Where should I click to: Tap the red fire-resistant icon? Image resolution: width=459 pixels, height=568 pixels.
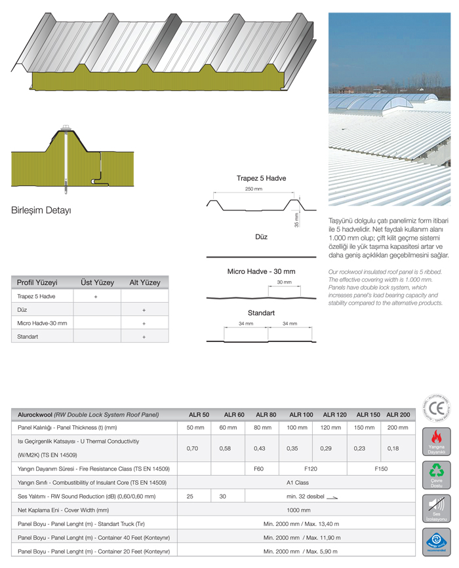pos(435,440)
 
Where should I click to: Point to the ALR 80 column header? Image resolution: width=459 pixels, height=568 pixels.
pos(266,415)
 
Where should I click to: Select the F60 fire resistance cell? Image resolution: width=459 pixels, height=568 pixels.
pos(258,468)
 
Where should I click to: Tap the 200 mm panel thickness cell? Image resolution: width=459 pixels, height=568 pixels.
pos(397,427)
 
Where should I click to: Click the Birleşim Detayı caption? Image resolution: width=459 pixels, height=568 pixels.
pos(41,211)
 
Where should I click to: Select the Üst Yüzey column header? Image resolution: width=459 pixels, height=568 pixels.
pos(97,282)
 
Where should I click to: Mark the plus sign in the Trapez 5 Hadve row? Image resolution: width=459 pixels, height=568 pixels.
pos(96,296)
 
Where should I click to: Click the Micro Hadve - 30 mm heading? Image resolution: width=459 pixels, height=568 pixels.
pos(261,271)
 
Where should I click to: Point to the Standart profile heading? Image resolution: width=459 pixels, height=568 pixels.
pos(261,313)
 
